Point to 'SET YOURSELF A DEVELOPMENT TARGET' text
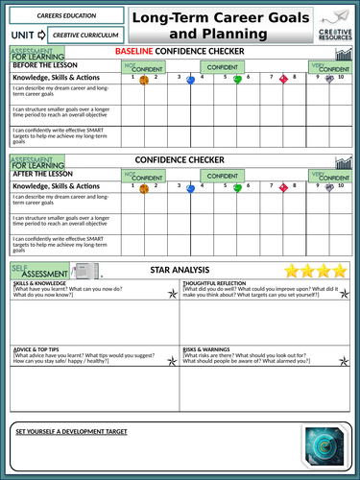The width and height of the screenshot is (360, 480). pos(71,432)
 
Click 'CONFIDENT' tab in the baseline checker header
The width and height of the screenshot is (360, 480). pos(224,66)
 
